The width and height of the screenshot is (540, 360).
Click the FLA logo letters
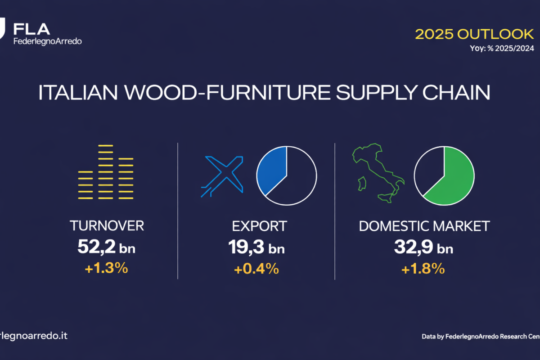click(31, 29)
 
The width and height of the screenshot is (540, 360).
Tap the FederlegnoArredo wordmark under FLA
click(48, 41)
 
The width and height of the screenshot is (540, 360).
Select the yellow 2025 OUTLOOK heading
click(474, 34)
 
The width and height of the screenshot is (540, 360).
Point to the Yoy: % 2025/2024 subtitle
click(502, 49)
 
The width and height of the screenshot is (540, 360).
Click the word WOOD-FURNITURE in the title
click(227, 92)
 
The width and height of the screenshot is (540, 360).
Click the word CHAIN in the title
click(456, 92)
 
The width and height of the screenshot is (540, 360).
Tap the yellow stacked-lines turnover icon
click(106, 172)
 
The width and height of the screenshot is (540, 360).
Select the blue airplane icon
click(222, 176)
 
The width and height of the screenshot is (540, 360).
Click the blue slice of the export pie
click(272, 170)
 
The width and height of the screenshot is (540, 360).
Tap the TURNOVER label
click(107, 226)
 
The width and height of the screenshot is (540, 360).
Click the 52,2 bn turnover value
click(106, 247)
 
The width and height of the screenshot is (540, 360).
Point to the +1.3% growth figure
click(106, 268)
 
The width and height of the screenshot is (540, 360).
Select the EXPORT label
click(259, 226)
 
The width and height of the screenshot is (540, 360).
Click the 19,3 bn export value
click(256, 247)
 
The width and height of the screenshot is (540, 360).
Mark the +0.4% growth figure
click(256, 269)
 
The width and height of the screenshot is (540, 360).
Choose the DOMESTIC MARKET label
click(424, 226)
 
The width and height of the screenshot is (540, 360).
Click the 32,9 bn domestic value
click(423, 247)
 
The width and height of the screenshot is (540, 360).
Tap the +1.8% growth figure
click(423, 269)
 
